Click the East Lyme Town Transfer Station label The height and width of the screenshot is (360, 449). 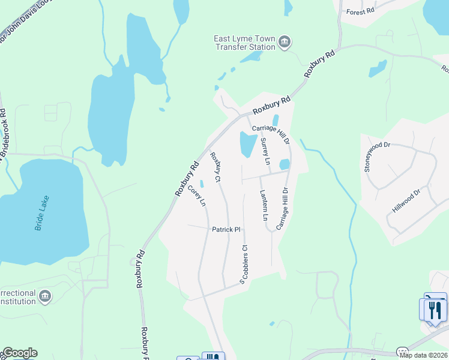click(244, 43)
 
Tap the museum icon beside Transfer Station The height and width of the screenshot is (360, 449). click(285, 42)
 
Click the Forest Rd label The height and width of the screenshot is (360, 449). click(360, 11)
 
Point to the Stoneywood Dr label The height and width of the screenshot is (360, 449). click(369, 157)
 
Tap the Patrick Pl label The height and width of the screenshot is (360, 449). click(226, 229)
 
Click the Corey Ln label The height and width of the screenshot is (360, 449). click(196, 196)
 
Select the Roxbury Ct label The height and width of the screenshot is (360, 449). click(215, 167)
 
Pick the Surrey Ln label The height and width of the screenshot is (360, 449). click(265, 152)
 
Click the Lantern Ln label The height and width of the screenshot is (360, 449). click(263, 205)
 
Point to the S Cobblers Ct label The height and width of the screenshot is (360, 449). click(243, 264)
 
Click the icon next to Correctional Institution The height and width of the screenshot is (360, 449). click(45, 296)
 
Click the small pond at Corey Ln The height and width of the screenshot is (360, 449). click(202, 183)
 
